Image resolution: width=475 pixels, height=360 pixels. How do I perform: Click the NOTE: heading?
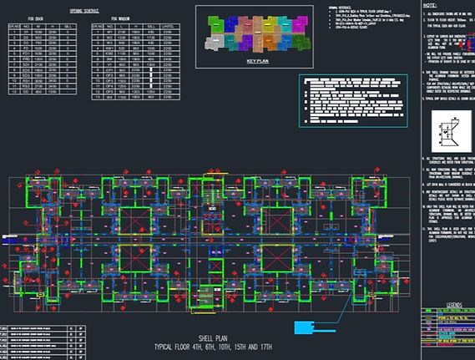pos(433,5)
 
